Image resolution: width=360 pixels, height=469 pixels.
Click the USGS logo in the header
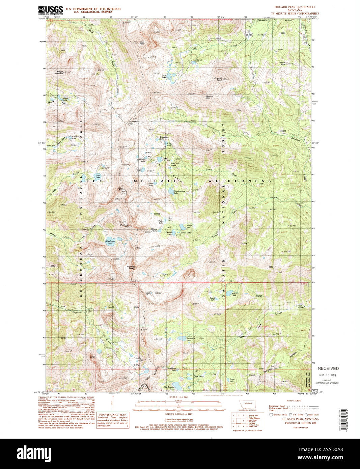pos(51,10)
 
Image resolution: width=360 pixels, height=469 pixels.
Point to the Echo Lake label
pos(98,176)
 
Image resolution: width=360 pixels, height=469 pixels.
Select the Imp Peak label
pos(142,43)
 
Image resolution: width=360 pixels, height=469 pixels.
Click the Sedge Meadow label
pos(256,35)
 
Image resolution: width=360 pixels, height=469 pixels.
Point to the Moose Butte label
pos(282,63)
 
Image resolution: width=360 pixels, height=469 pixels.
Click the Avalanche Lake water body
pos(182,338)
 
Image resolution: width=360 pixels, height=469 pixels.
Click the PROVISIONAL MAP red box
pos(113,420)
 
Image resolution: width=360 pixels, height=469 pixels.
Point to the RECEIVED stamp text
pos(328,368)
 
